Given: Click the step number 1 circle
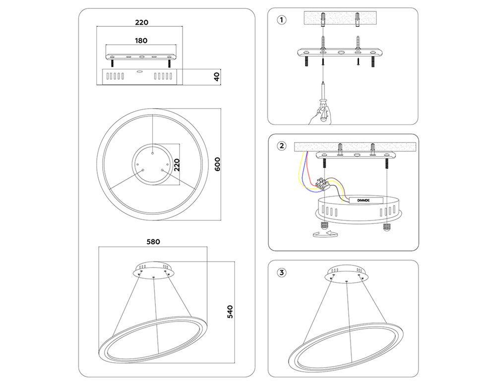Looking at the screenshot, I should [x=282, y=20].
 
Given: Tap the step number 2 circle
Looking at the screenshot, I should [x=282, y=146].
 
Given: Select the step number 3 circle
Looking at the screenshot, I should [x=282, y=272].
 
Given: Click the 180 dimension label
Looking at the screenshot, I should [x=141, y=40].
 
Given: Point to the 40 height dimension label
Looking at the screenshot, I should [x=216, y=76].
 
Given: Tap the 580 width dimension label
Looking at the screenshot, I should [x=153, y=243].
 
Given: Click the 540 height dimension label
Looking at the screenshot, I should [x=229, y=311].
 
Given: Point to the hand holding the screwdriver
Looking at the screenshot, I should [x=317, y=115].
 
